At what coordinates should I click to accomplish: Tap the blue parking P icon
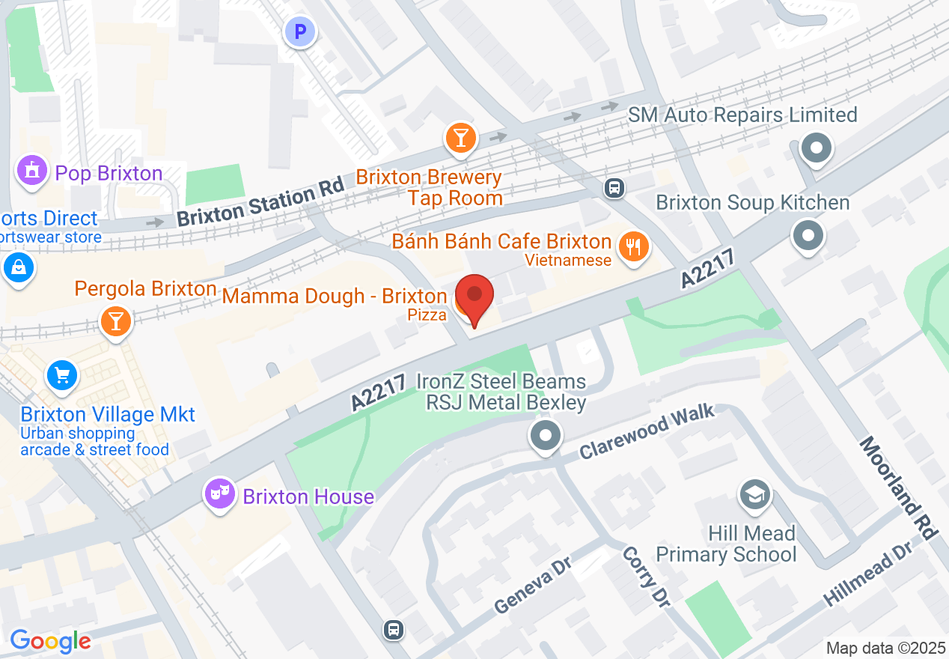[300, 32]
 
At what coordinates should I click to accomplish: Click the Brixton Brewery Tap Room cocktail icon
[460, 138]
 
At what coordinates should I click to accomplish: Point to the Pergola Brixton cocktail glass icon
[115, 321]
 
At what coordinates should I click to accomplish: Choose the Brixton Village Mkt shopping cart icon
[62, 375]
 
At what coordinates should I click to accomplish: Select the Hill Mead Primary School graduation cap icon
[754, 495]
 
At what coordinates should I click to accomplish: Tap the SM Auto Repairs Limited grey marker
[816, 148]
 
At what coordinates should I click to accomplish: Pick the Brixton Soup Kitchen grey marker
[808, 236]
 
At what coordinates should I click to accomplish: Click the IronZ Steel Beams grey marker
[546, 435]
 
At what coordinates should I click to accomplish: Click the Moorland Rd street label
[898, 487]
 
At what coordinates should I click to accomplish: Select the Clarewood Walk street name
[647, 432]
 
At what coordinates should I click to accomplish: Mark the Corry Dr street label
[645, 575]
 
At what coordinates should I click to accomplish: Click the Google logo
[50, 641]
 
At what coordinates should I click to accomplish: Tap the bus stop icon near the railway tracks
[614, 188]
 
